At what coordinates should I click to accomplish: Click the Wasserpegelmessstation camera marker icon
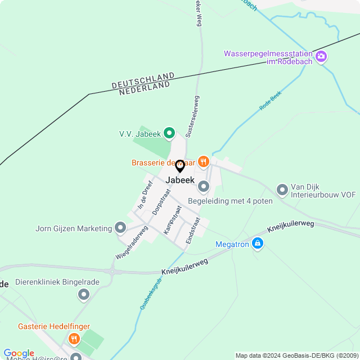pos(321,56)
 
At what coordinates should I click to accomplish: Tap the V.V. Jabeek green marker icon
pos(169,133)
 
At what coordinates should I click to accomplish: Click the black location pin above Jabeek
pos(180,166)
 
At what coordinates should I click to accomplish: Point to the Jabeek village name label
pos(180,180)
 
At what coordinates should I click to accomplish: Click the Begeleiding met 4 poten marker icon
pos(204,186)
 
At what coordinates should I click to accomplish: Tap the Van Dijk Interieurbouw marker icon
pos(282,190)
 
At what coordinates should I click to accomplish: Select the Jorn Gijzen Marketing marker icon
pos(120,228)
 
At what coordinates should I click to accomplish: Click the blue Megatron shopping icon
pos(257,244)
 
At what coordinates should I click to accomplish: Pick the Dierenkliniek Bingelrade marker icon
pos(84,294)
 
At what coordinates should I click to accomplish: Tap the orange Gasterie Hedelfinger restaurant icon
pos(74,339)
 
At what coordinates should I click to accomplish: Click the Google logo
pos(19,353)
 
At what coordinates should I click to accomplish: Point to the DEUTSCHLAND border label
pos(143,80)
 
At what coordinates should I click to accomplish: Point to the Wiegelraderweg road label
pos(132,242)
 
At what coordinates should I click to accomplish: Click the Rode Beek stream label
pos(270,102)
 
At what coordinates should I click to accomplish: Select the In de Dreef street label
pos(145,196)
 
